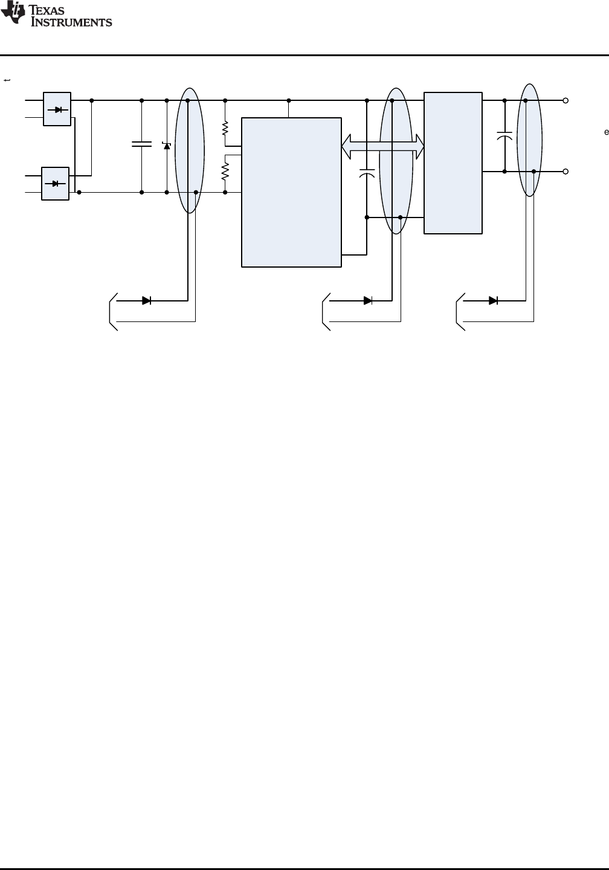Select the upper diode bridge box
pos(57,109)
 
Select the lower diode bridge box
pos(55,184)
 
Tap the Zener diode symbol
pos(167,145)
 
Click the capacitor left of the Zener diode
pos(141,144)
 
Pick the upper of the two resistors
pos(225,129)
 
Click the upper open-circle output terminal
pos(565,100)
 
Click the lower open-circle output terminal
pos(565,172)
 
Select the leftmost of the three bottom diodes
pos(146,300)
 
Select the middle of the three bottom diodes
pos(367,300)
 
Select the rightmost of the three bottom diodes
pos(493,300)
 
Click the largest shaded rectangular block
pos(291,192)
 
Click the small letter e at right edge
pos(605,132)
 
